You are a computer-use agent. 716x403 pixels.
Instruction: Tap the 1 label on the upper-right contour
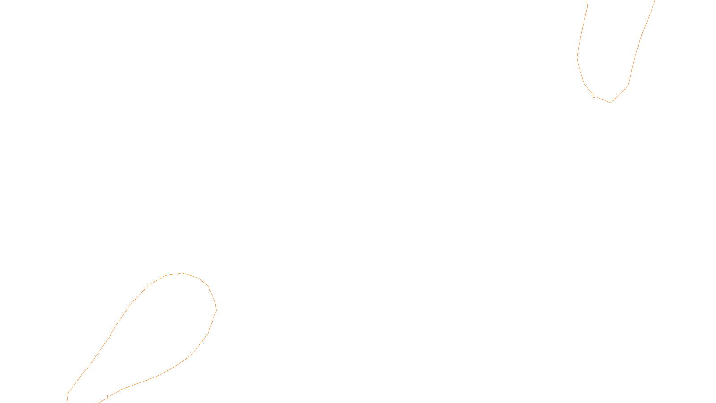point(594,96)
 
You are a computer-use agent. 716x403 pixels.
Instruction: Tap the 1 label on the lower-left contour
point(107,397)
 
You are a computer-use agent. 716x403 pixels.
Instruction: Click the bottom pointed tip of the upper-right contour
point(610,103)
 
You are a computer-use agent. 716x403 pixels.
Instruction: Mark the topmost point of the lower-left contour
point(182,273)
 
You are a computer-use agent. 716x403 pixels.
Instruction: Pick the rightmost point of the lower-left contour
point(216,309)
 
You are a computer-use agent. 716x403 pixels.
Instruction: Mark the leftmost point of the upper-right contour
point(577,57)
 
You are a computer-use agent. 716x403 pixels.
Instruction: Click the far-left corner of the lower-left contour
point(67,394)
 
